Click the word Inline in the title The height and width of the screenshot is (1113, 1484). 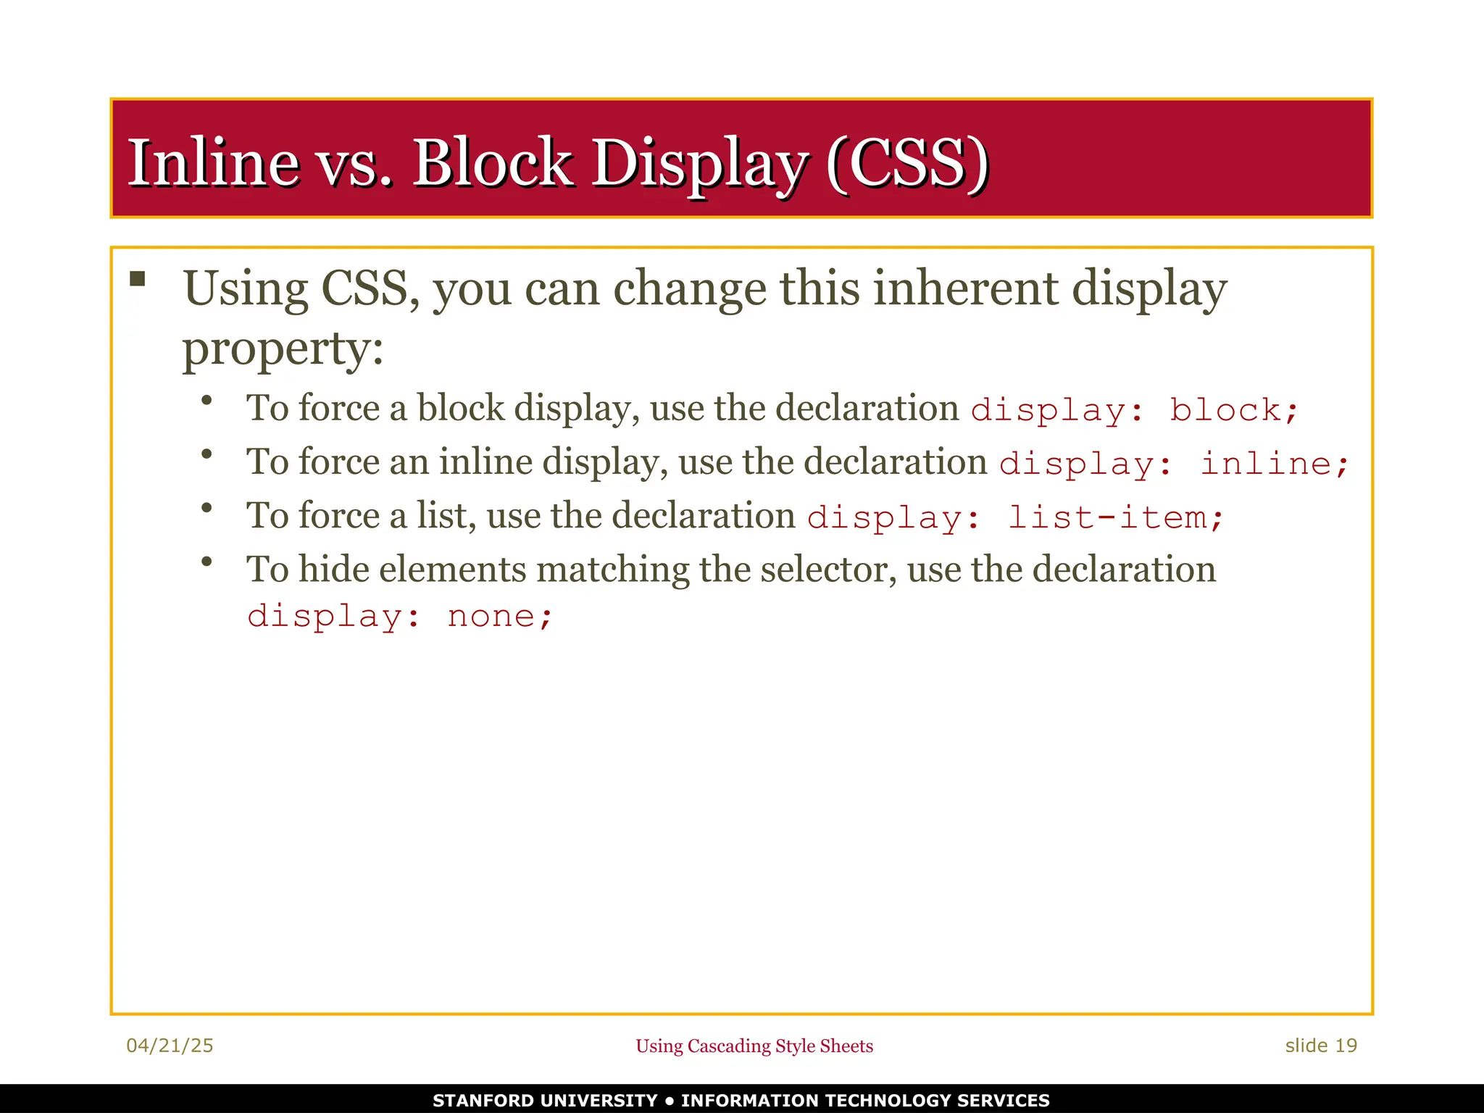point(214,162)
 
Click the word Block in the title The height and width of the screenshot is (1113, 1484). point(492,162)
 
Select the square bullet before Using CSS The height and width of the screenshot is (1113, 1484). point(138,279)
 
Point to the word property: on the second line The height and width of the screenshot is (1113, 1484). point(283,349)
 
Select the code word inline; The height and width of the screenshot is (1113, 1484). point(1274,464)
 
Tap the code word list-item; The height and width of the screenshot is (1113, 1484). point(1115,517)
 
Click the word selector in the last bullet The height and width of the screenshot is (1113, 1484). point(823,570)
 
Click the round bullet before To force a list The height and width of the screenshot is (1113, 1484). point(207,508)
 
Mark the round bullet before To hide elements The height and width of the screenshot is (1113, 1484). point(207,562)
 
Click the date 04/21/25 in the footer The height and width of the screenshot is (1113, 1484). point(170,1046)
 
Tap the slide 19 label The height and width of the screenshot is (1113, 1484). point(1320,1046)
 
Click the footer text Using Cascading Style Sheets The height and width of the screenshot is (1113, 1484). point(754,1046)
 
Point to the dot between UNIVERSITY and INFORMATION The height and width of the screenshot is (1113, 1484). point(669,1101)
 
